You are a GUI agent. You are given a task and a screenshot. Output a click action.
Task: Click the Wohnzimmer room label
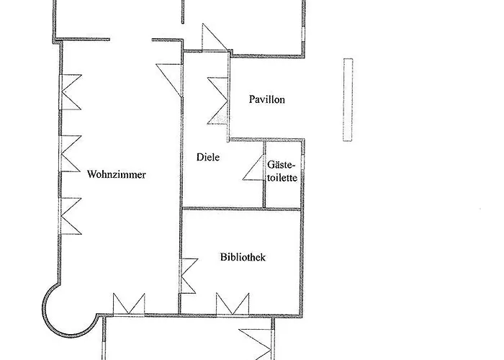pos(117,174)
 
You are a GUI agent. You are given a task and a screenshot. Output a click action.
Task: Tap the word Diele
pos(208,157)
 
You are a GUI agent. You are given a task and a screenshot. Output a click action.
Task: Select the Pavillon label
pos(267,99)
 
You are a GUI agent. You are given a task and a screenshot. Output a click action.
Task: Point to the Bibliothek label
pos(243,257)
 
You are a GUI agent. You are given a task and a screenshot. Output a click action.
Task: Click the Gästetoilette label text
pos(282,171)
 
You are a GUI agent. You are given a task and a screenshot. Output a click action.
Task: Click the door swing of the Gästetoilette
pos(253,168)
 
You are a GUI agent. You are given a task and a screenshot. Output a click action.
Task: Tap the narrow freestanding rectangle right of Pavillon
pos(348,99)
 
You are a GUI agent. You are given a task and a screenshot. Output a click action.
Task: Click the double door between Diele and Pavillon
pos(219,101)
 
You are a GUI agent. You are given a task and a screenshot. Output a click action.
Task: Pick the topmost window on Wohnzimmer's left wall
pos(70,92)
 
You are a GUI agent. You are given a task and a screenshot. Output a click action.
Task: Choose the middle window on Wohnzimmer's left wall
pos(70,153)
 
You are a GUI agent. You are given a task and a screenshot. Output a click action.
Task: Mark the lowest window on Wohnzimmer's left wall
pos(70,216)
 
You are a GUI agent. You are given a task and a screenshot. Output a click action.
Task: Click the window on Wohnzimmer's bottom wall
pos(129,304)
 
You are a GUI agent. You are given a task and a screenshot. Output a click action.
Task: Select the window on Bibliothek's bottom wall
pos(233,304)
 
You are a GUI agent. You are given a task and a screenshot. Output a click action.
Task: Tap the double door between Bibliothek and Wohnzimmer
pos(189,276)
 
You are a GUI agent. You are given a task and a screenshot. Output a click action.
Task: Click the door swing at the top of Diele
pos(214,37)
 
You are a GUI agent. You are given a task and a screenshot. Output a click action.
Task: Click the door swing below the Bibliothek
pos(256,344)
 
